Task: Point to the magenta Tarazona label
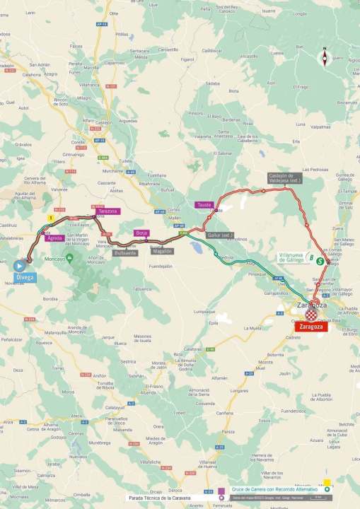(108, 211)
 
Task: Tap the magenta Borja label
(142, 233)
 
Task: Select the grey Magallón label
(161, 250)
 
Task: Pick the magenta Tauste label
(204, 205)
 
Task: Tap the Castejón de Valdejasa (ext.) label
(284, 177)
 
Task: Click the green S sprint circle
(320, 260)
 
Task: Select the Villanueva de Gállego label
(291, 257)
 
